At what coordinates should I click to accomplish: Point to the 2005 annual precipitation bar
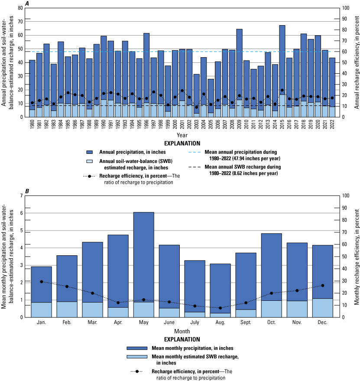pyautogui.click(x=211, y=95)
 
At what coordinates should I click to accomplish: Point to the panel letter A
pyautogui.click(x=27, y=3)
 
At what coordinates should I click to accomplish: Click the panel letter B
pyautogui.click(x=27, y=191)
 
